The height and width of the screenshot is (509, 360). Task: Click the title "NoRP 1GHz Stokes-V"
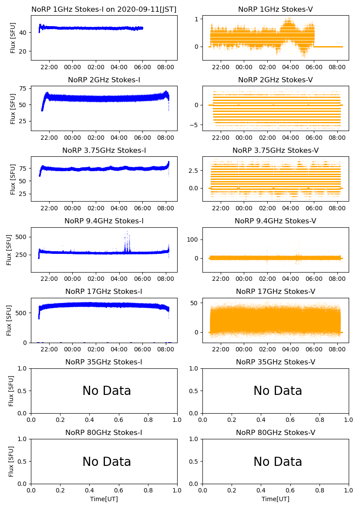(275, 10)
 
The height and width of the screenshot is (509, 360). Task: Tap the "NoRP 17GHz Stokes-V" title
(275, 292)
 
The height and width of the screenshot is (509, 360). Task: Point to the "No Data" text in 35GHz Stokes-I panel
(107, 391)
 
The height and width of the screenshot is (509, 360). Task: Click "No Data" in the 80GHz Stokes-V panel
(278, 462)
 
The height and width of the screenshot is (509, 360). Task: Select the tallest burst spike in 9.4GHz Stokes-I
(127, 232)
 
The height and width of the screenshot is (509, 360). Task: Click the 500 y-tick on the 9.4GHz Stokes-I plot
(23, 237)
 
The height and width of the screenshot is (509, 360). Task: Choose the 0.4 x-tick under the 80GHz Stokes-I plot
(89, 490)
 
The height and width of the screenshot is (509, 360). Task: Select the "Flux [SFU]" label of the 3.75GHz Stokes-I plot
(13, 179)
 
